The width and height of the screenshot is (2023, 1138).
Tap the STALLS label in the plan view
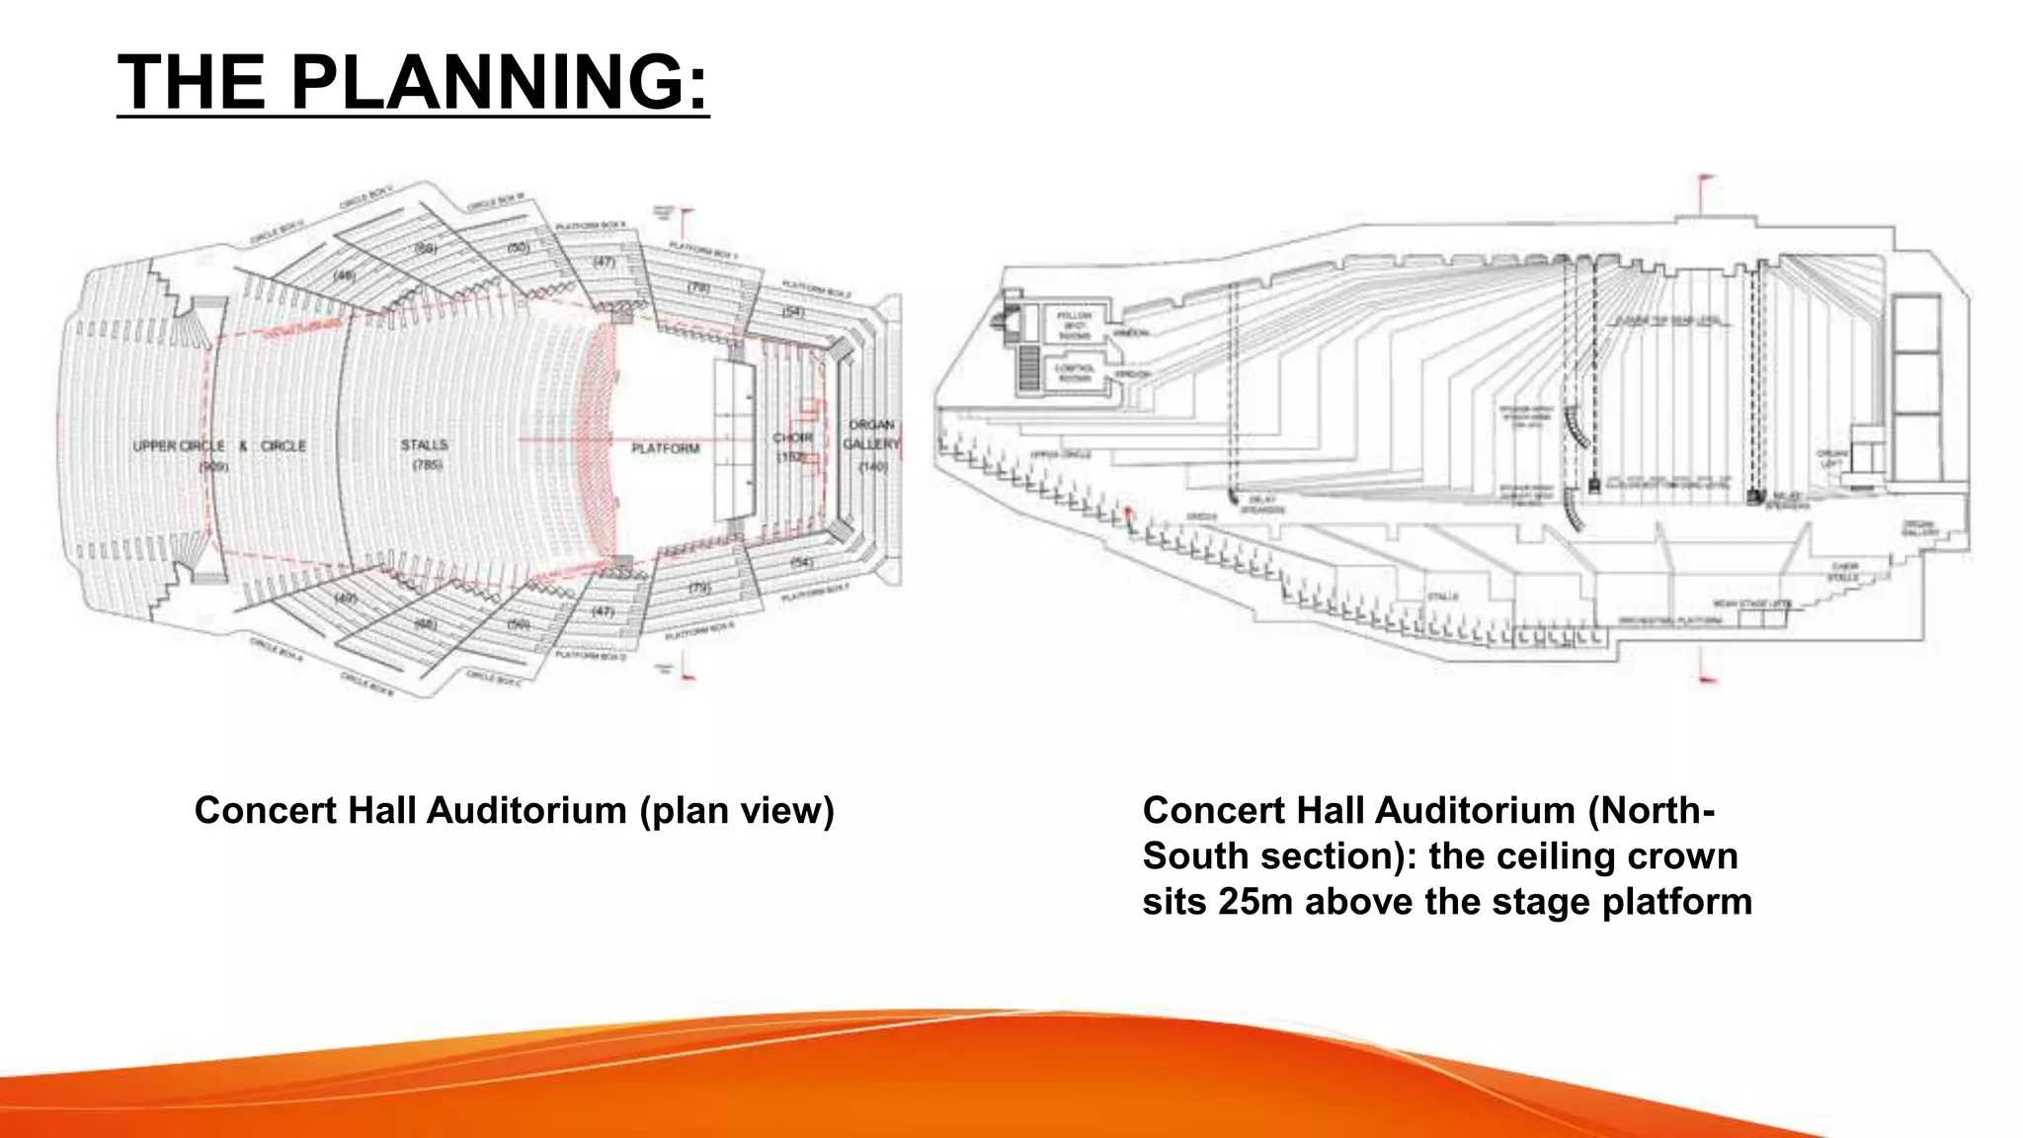tap(425, 445)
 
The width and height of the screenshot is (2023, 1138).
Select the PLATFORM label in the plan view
tap(665, 448)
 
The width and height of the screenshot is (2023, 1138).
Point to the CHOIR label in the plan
tap(792, 438)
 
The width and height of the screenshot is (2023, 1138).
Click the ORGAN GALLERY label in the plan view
tap(871, 435)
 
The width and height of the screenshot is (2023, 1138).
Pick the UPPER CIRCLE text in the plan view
tap(179, 447)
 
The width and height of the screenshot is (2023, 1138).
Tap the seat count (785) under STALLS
tap(427, 464)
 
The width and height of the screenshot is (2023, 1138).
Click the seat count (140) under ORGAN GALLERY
tap(873, 465)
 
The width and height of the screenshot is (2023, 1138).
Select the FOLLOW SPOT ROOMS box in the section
tap(1074, 326)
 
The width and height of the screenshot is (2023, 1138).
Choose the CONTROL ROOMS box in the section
tap(1074, 373)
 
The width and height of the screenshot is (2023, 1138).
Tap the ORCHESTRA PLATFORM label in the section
tap(1670, 620)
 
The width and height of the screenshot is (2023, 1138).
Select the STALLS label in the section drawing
tap(1441, 597)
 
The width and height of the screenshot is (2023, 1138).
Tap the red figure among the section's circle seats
tap(1129, 516)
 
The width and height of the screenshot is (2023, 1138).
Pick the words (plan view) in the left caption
tap(736, 811)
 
